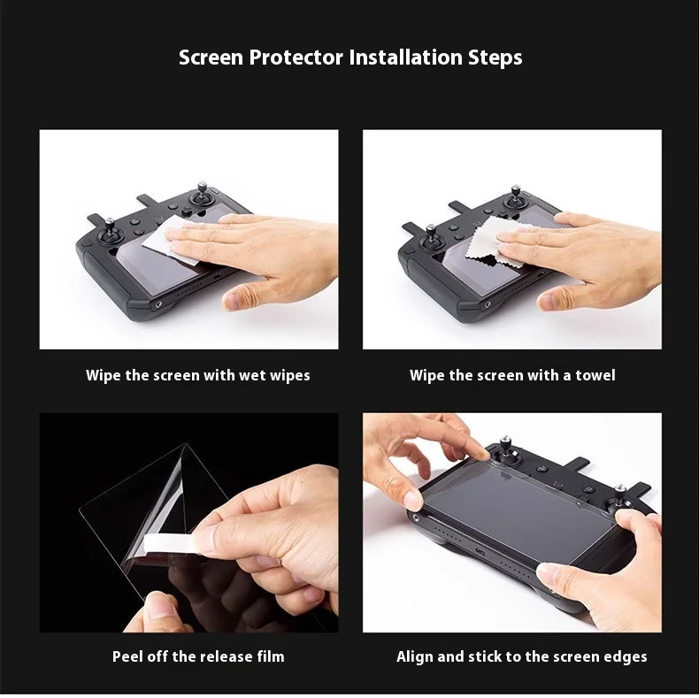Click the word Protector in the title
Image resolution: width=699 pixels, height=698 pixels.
[296, 58]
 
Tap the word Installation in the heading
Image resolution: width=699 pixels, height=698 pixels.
[405, 58]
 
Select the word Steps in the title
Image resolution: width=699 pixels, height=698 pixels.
[495, 58]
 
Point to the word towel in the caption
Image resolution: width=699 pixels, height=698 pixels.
[595, 375]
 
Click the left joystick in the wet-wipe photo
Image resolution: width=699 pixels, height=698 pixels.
[109, 231]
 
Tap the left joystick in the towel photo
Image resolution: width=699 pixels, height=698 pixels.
[431, 235]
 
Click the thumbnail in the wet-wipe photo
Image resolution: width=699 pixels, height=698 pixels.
[233, 301]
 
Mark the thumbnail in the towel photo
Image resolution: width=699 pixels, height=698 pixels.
[549, 301]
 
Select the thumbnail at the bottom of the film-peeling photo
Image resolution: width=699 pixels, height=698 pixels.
[158, 606]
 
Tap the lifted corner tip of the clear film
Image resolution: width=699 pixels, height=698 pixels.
[185, 444]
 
